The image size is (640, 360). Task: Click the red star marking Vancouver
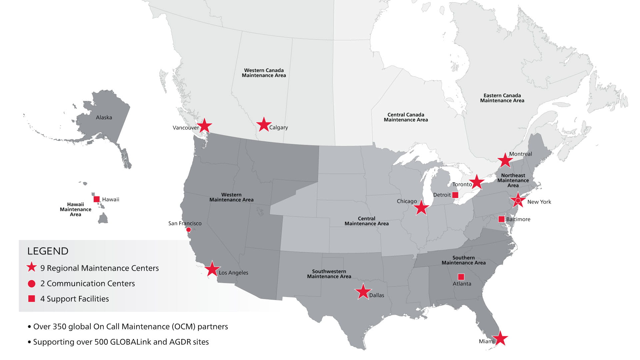(x=204, y=126)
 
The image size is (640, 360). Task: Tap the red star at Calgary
(x=264, y=124)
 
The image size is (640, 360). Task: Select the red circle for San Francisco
(x=188, y=230)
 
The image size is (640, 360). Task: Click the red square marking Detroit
(x=455, y=195)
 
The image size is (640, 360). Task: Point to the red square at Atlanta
(x=461, y=277)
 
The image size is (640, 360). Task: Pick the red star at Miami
(x=500, y=339)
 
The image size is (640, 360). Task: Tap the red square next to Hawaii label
(x=97, y=199)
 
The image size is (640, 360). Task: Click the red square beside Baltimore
(x=501, y=219)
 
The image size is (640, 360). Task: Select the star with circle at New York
(x=518, y=201)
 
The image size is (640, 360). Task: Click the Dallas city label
(x=377, y=295)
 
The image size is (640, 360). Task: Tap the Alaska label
(x=104, y=117)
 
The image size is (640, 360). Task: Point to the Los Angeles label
(x=233, y=273)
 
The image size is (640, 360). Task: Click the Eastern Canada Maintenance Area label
(x=502, y=98)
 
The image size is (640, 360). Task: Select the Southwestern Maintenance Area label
(x=329, y=274)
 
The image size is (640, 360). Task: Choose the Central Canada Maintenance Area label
(x=406, y=117)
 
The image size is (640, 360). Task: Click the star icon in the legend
(x=32, y=267)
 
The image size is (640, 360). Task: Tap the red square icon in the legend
(x=32, y=299)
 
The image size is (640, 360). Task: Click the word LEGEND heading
(x=48, y=251)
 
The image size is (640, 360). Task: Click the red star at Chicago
(x=421, y=208)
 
